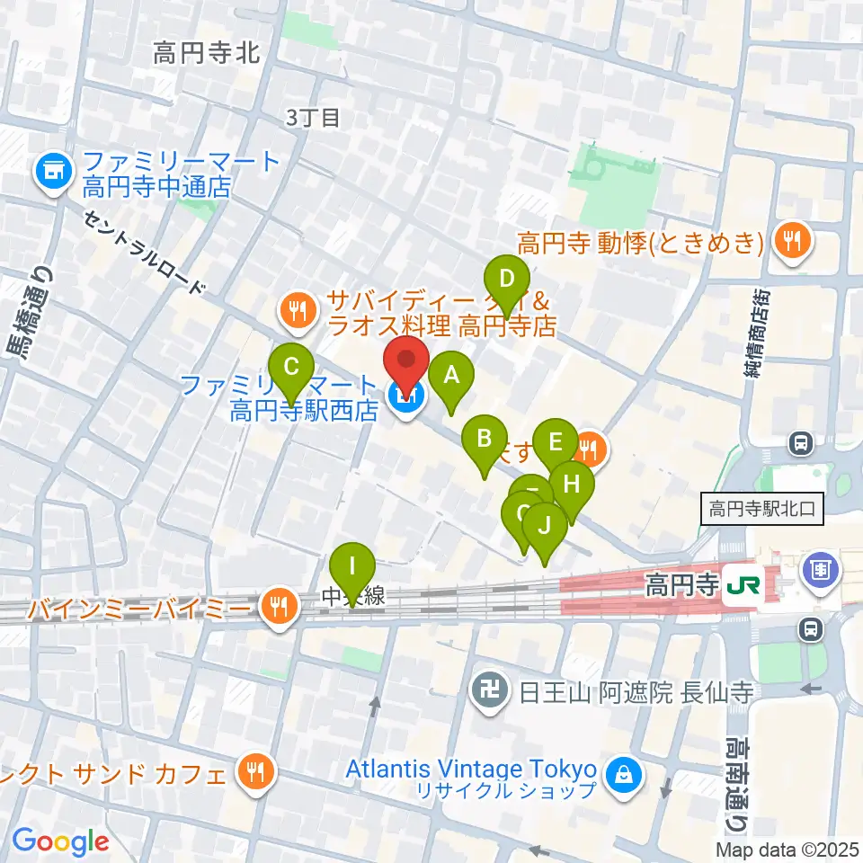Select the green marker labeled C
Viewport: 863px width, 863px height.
click(x=291, y=367)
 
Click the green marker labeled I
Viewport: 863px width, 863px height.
click(x=351, y=567)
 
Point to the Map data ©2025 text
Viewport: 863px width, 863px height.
click(x=787, y=849)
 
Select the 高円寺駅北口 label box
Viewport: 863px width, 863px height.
click(x=761, y=510)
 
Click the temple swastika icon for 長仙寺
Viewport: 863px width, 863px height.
click(x=489, y=693)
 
